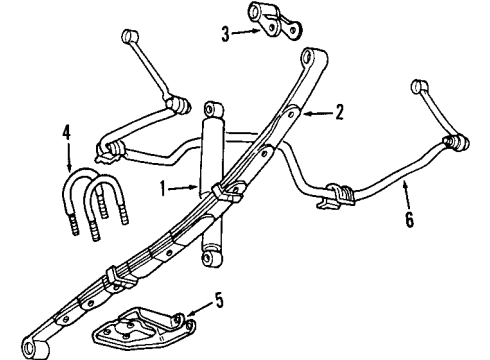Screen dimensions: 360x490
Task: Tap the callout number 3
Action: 225,35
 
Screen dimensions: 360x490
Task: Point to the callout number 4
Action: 67,131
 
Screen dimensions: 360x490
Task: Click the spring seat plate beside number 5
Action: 140,326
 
